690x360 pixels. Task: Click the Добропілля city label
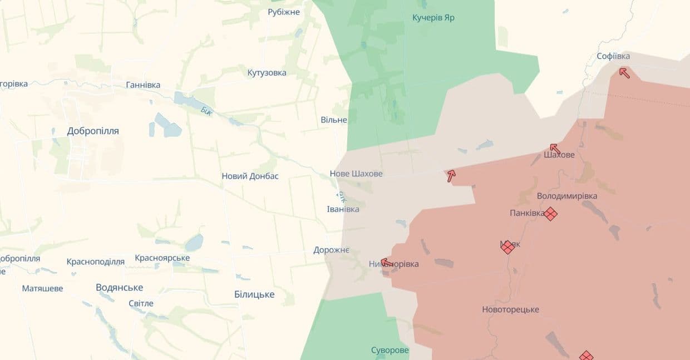pyautogui.click(x=93, y=131)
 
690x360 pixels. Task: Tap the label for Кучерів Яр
pyautogui.click(x=433, y=18)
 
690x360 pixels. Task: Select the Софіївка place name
pyautogui.click(x=613, y=56)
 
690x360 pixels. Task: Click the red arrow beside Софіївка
pyautogui.click(x=624, y=72)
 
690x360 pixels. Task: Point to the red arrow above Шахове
pyautogui.click(x=555, y=149)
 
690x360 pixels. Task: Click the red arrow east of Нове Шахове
pyautogui.click(x=451, y=176)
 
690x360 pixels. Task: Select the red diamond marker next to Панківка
pyautogui.click(x=550, y=214)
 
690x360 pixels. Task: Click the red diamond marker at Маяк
pyautogui.click(x=507, y=247)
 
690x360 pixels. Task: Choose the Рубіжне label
pyautogui.click(x=284, y=12)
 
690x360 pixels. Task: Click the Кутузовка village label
pyautogui.click(x=267, y=73)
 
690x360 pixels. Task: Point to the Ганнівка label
pyautogui.click(x=143, y=85)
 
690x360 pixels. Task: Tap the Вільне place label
pyautogui.click(x=334, y=120)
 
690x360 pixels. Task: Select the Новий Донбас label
pyautogui.click(x=250, y=176)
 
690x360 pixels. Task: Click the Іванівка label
pyautogui.click(x=343, y=209)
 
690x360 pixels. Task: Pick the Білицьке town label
pyautogui.click(x=254, y=294)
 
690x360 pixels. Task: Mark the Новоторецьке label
pyautogui.click(x=510, y=310)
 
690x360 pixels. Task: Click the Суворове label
pyautogui.click(x=390, y=351)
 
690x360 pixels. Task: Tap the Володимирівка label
pyautogui.click(x=567, y=196)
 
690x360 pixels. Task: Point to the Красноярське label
pyautogui.click(x=162, y=258)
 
